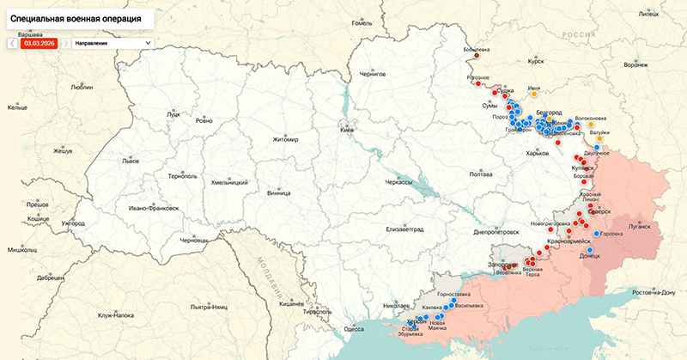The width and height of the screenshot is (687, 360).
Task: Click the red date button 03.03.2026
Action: click(x=39, y=42)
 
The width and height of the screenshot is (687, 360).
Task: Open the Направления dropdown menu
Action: click(x=112, y=42)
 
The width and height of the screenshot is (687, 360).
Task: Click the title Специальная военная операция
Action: click(x=76, y=17)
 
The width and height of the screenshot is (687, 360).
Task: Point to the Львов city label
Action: click(x=131, y=161)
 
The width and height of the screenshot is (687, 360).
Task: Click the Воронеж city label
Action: click(x=635, y=65)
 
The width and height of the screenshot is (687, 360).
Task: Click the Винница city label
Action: click(x=279, y=193)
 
